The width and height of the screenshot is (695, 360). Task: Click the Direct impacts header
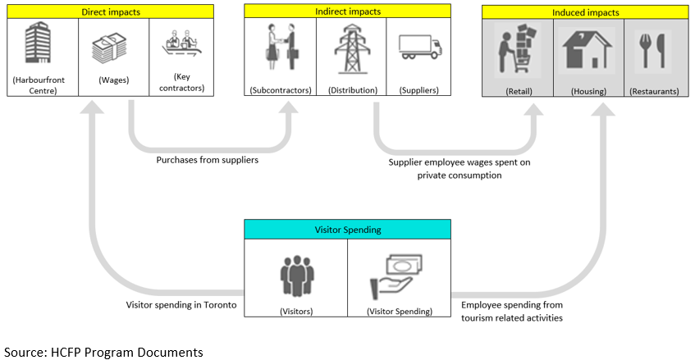112,11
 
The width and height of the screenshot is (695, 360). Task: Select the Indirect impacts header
348,11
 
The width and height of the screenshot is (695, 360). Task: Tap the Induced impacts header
585,12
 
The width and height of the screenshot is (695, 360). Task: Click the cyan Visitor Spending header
348,230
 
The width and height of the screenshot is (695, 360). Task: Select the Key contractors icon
183,48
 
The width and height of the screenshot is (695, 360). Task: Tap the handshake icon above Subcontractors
280,48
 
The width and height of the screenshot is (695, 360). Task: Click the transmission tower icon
348,48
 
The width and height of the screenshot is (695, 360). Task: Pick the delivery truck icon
419,48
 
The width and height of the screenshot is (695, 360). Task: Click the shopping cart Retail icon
518,51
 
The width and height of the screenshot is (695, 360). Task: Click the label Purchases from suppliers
208,160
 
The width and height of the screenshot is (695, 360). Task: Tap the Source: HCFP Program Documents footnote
103,352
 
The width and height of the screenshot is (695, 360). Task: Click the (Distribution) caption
348,90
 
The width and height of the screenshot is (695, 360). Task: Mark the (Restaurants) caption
654,91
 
